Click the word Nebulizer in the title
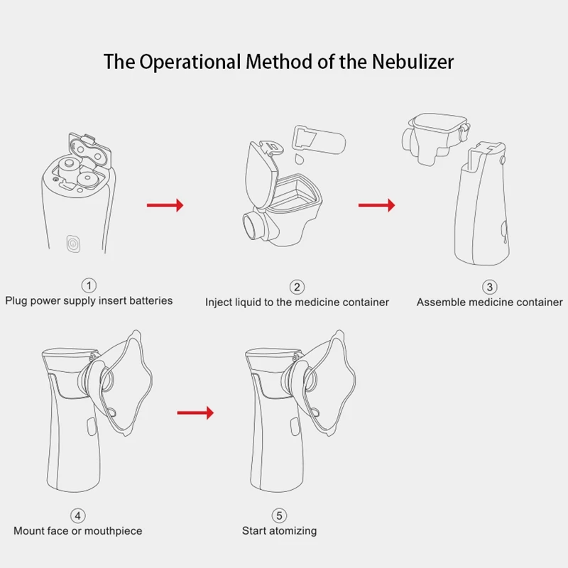pos(413,61)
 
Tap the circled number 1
pos(89,285)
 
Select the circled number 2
pos(297,288)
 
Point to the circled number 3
pos(489,288)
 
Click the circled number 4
pos(78,515)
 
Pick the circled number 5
pos(279,515)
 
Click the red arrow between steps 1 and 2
pos(165,205)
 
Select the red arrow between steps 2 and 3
pos(377,205)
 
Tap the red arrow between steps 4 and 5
pos(196,413)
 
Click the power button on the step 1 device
pos(73,244)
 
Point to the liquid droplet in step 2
pos(299,158)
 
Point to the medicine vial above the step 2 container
pos(319,139)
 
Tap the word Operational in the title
pos(190,62)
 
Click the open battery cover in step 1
pos(89,151)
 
